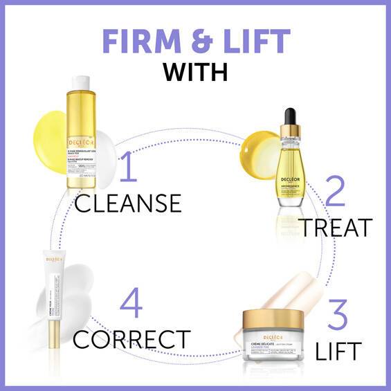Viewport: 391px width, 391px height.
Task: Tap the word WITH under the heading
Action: tap(196, 72)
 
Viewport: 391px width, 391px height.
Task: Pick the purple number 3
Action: tap(336, 315)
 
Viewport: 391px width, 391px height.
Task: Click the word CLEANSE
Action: tap(128, 203)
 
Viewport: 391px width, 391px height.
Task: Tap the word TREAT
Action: tap(336, 226)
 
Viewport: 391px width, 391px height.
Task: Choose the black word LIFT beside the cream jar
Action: tap(338, 350)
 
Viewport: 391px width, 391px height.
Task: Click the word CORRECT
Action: tap(131, 339)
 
